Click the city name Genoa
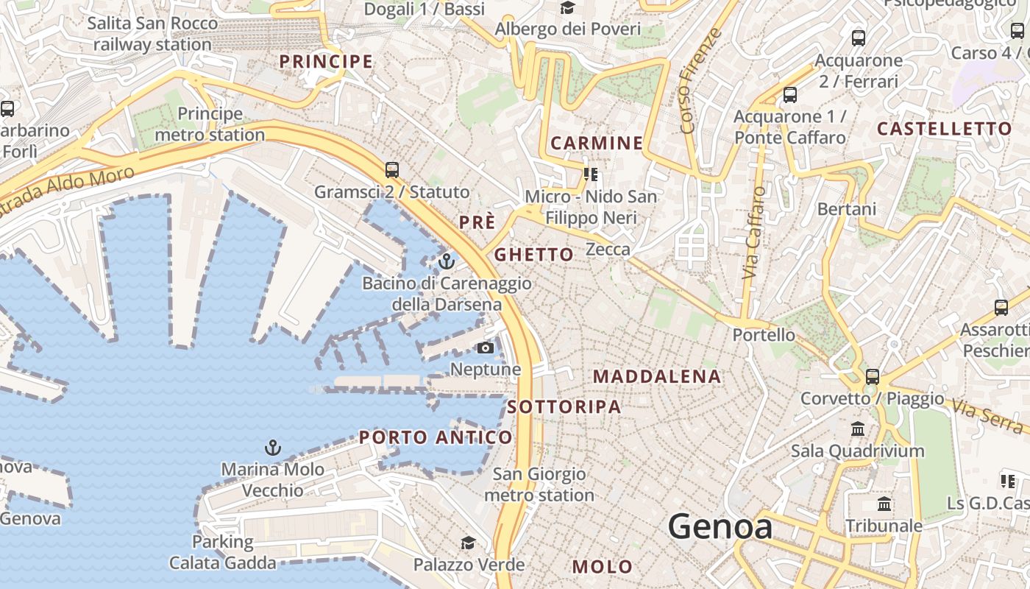pos(720,527)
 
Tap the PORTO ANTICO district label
pos(436,437)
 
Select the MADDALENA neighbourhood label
pos(657,376)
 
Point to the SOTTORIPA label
pos(564,406)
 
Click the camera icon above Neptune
pos(486,348)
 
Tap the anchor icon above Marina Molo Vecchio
pos(273,447)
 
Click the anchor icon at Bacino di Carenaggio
pos(447,261)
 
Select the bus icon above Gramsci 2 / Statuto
pos(392,170)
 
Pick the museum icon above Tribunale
pos(884,504)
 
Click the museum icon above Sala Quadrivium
pos(858,428)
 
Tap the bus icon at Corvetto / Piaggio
pos(873,376)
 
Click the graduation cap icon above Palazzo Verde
pos(468,543)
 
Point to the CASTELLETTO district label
pos(945,129)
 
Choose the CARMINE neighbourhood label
pos(597,143)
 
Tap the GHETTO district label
pos(533,255)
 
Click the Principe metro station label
pos(210,124)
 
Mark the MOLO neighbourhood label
pos(603,566)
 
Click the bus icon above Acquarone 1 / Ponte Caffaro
pos(790,95)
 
